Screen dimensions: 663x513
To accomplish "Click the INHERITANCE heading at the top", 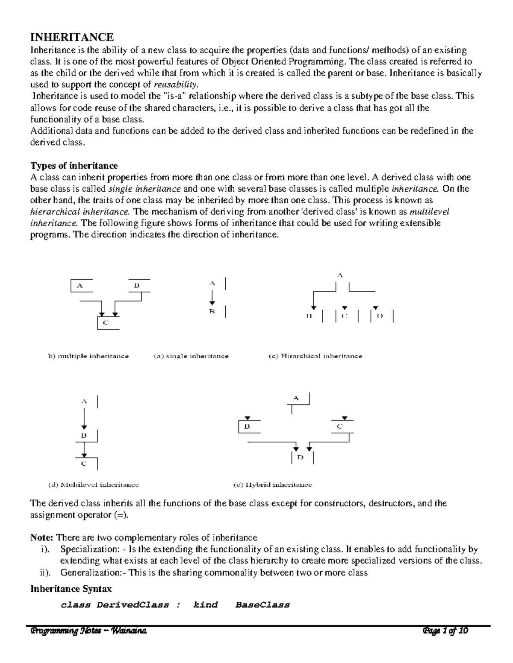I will pos(71,37).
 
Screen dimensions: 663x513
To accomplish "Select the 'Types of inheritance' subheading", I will pos(74,166).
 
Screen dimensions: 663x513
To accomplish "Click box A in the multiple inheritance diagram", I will pos(80,286).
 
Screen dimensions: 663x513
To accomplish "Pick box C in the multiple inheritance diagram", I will pos(106,323).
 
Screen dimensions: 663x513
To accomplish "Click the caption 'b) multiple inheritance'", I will pos(88,356).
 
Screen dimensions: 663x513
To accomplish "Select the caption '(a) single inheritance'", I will pos(191,356).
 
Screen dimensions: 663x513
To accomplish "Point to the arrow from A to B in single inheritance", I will pos(212,297).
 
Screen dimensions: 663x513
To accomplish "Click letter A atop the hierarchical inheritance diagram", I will pos(340,276).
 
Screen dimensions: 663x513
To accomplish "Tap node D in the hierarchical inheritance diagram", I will pos(380,316).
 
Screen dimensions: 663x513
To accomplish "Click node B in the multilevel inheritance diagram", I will pos(84,436).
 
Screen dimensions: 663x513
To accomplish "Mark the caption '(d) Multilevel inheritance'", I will pos(94,485).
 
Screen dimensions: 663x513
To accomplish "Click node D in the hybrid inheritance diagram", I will pos(301,457).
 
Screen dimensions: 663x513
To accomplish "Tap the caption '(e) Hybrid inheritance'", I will pos(273,485).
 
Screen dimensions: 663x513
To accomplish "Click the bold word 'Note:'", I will pos(42,537).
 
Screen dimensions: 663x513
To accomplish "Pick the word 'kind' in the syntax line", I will pos(206,605).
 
